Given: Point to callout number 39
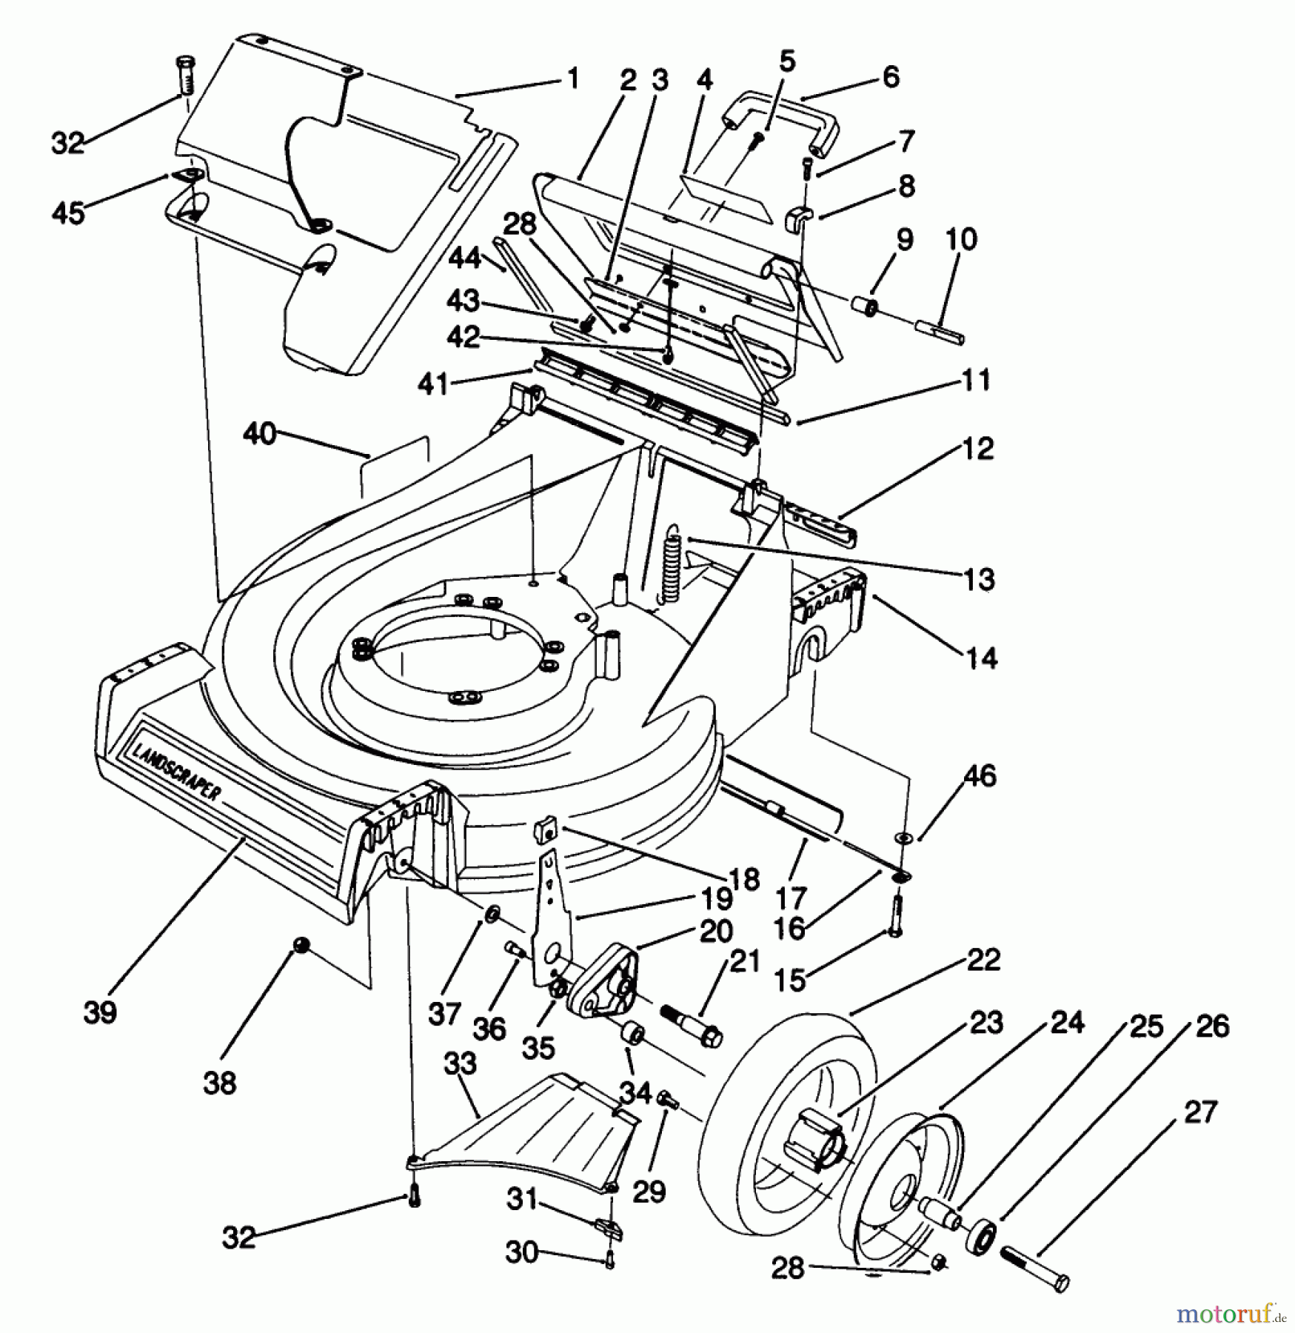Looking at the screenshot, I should [100, 1012].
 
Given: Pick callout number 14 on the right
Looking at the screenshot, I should [981, 657].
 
